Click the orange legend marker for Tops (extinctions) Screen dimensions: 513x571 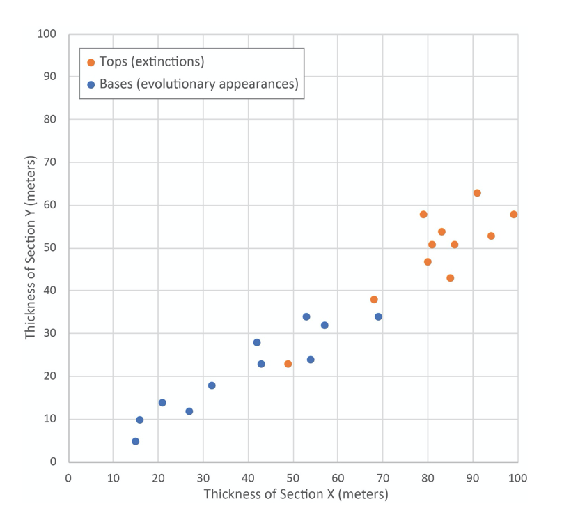pos(91,63)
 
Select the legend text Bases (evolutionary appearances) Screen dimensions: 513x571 pos(198,84)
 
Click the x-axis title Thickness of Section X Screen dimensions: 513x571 pos(295,495)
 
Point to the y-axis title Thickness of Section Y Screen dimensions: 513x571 pos(31,247)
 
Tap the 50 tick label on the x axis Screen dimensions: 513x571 pos(293,478)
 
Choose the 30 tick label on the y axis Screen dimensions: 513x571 pos(49,334)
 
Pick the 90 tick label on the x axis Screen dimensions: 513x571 pos(473,478)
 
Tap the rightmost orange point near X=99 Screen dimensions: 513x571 pos(514,215)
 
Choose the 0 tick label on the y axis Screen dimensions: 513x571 pos(53,462)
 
